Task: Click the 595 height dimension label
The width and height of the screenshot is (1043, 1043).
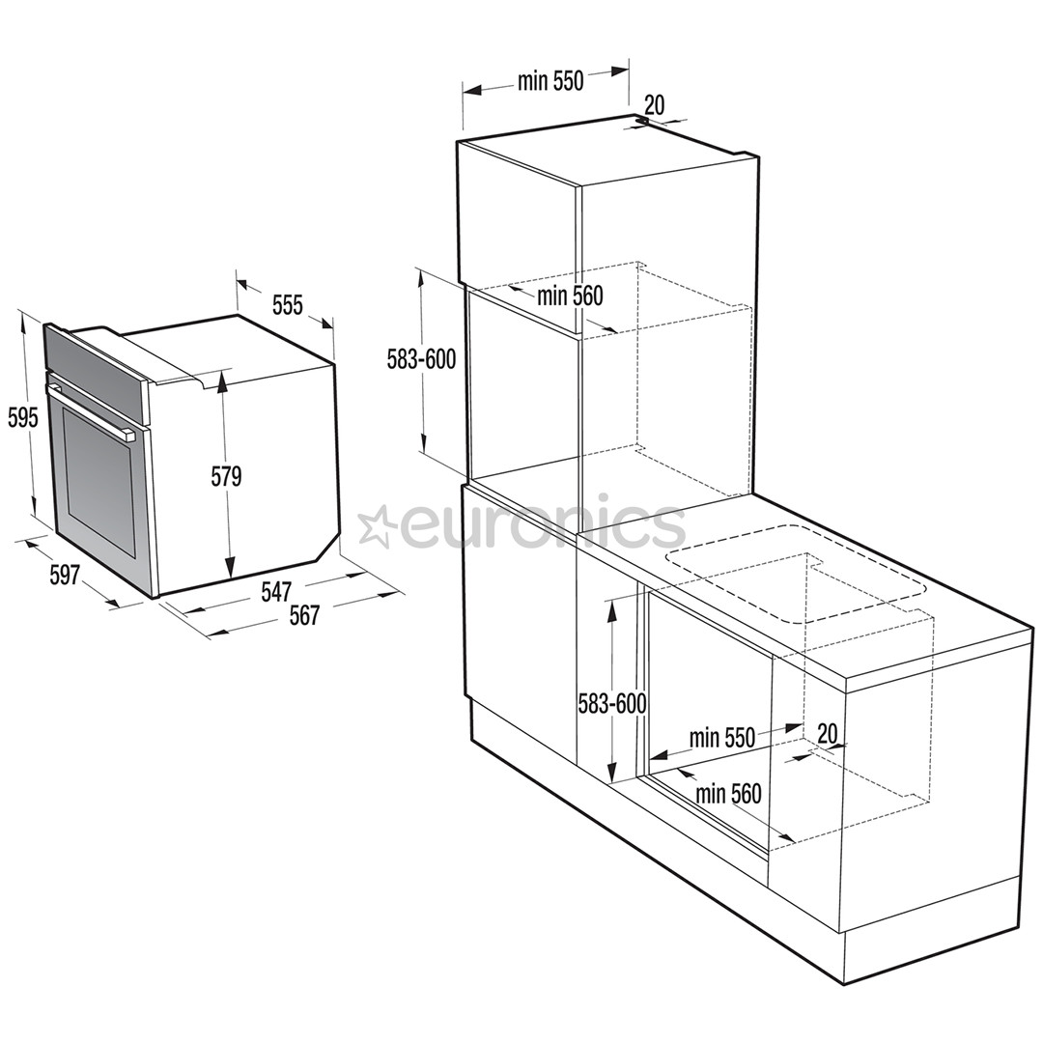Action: click(x=23, y=418)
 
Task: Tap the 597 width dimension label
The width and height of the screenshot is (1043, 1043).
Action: click(x=66, y=575)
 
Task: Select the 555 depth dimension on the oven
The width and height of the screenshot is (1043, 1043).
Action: click(x=288, y=304)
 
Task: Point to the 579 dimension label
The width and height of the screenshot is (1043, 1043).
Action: click(x=226, y=476)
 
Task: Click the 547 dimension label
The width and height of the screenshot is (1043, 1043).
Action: click(x=276, y=592)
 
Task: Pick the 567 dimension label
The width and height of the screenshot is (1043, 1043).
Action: click(x=304, y=615)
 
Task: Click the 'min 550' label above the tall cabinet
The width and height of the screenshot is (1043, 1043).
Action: click(x=550, y=81)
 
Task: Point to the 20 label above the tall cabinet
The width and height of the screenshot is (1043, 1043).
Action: click(x=655, y=104)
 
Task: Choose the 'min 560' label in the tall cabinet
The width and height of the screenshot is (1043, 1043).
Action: click(x=570, y=296)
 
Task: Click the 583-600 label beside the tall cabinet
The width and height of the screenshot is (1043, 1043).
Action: click(x=422, y=359)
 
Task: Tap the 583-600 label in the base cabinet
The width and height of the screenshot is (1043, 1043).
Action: click(x=612, y=703)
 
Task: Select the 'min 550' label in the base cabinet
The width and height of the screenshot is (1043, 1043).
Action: click(x=721, y=738)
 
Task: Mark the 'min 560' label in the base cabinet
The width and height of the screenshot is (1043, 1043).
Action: click(x=728, y=793)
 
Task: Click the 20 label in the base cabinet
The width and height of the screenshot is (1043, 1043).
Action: click(x=827, y=734)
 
